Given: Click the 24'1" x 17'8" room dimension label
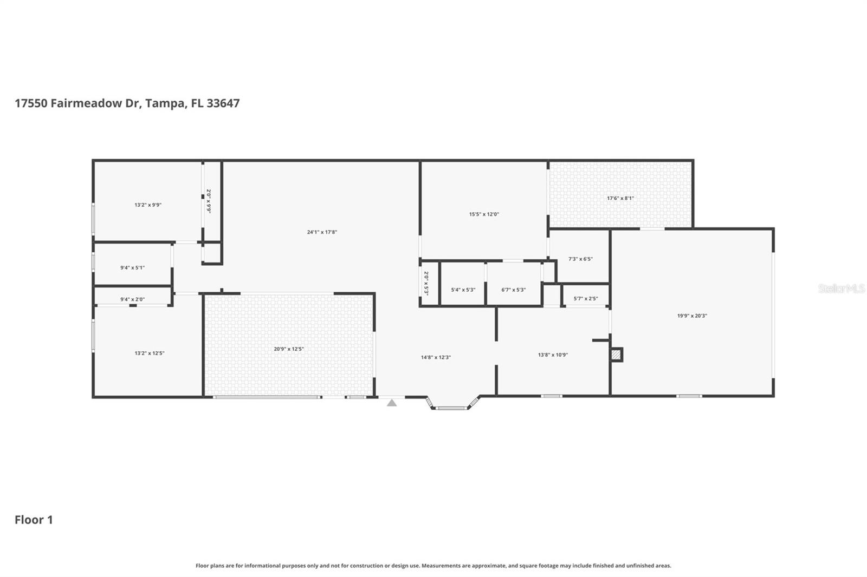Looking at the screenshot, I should [322, 232].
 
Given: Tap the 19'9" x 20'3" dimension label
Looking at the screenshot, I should [692, 316].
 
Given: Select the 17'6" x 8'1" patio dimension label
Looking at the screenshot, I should [620, 198].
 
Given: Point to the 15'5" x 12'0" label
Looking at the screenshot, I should [484, 214].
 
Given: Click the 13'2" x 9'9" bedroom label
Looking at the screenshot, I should [148, 205].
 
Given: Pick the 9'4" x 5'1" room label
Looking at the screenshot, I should [132, 268].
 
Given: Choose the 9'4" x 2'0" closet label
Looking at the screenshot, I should [132, 299].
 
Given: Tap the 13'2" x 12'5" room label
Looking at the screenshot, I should [150, 353].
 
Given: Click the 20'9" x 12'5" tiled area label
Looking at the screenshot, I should [288, 349].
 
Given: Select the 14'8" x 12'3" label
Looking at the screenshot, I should [436, 357].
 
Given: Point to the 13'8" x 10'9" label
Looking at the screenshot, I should [553, 355].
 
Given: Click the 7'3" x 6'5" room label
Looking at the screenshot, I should [580, 259].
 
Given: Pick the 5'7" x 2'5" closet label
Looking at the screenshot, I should [585, 298].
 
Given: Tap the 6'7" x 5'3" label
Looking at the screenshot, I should [513, 290].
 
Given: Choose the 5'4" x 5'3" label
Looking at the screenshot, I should [463, 290].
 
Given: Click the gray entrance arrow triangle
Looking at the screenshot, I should [392, 403].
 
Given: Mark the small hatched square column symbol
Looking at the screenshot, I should [616, 355].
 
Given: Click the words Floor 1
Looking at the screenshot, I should [34, 520].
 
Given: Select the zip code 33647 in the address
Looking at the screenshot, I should [223, 103].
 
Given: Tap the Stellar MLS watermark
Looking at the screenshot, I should [841, 289].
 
